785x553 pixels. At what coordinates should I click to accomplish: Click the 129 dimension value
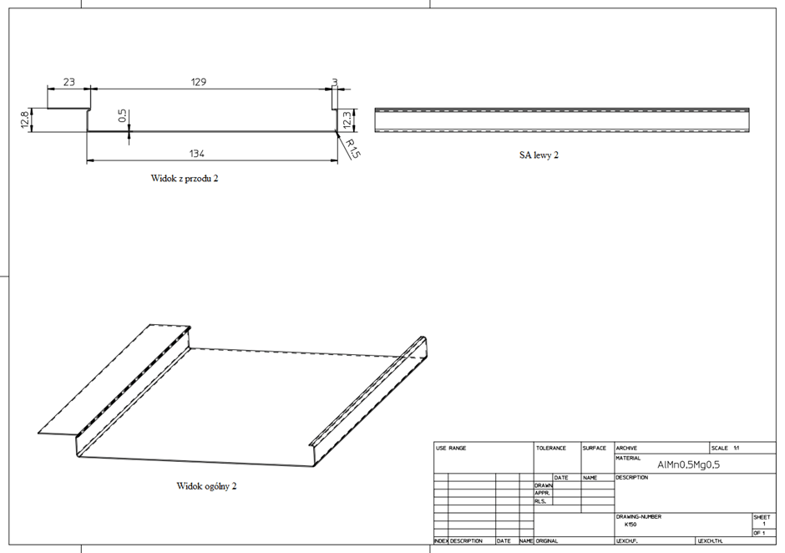(x=198, y=82)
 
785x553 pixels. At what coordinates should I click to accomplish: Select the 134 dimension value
(x=198, y=153)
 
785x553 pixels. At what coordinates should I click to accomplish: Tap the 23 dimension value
(x=68, y=82)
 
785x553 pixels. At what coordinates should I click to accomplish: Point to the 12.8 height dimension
(x=25, y=119)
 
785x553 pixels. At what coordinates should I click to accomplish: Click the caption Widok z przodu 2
(x=185, y=178)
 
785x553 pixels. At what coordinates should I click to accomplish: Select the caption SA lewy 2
(x=539, y=155)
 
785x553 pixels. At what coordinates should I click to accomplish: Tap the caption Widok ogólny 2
(x=206, y=485)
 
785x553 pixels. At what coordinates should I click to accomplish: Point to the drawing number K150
(x=631, y=525)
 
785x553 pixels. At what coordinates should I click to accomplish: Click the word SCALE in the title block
(x=720, y=449)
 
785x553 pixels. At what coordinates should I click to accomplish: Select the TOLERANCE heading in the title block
(x=551, y=449)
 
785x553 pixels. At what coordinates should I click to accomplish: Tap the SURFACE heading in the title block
(x=595, y=449)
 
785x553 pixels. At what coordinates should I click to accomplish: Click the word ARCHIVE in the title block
(x=627, y=449)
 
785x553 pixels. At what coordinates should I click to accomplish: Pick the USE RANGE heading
(x=451, y=449)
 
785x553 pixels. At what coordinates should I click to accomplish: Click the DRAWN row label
(x=543, y=485)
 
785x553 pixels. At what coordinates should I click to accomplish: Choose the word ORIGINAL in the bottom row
(x=547, y=541)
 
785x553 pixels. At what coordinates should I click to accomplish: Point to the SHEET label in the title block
(x=762, y=517)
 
